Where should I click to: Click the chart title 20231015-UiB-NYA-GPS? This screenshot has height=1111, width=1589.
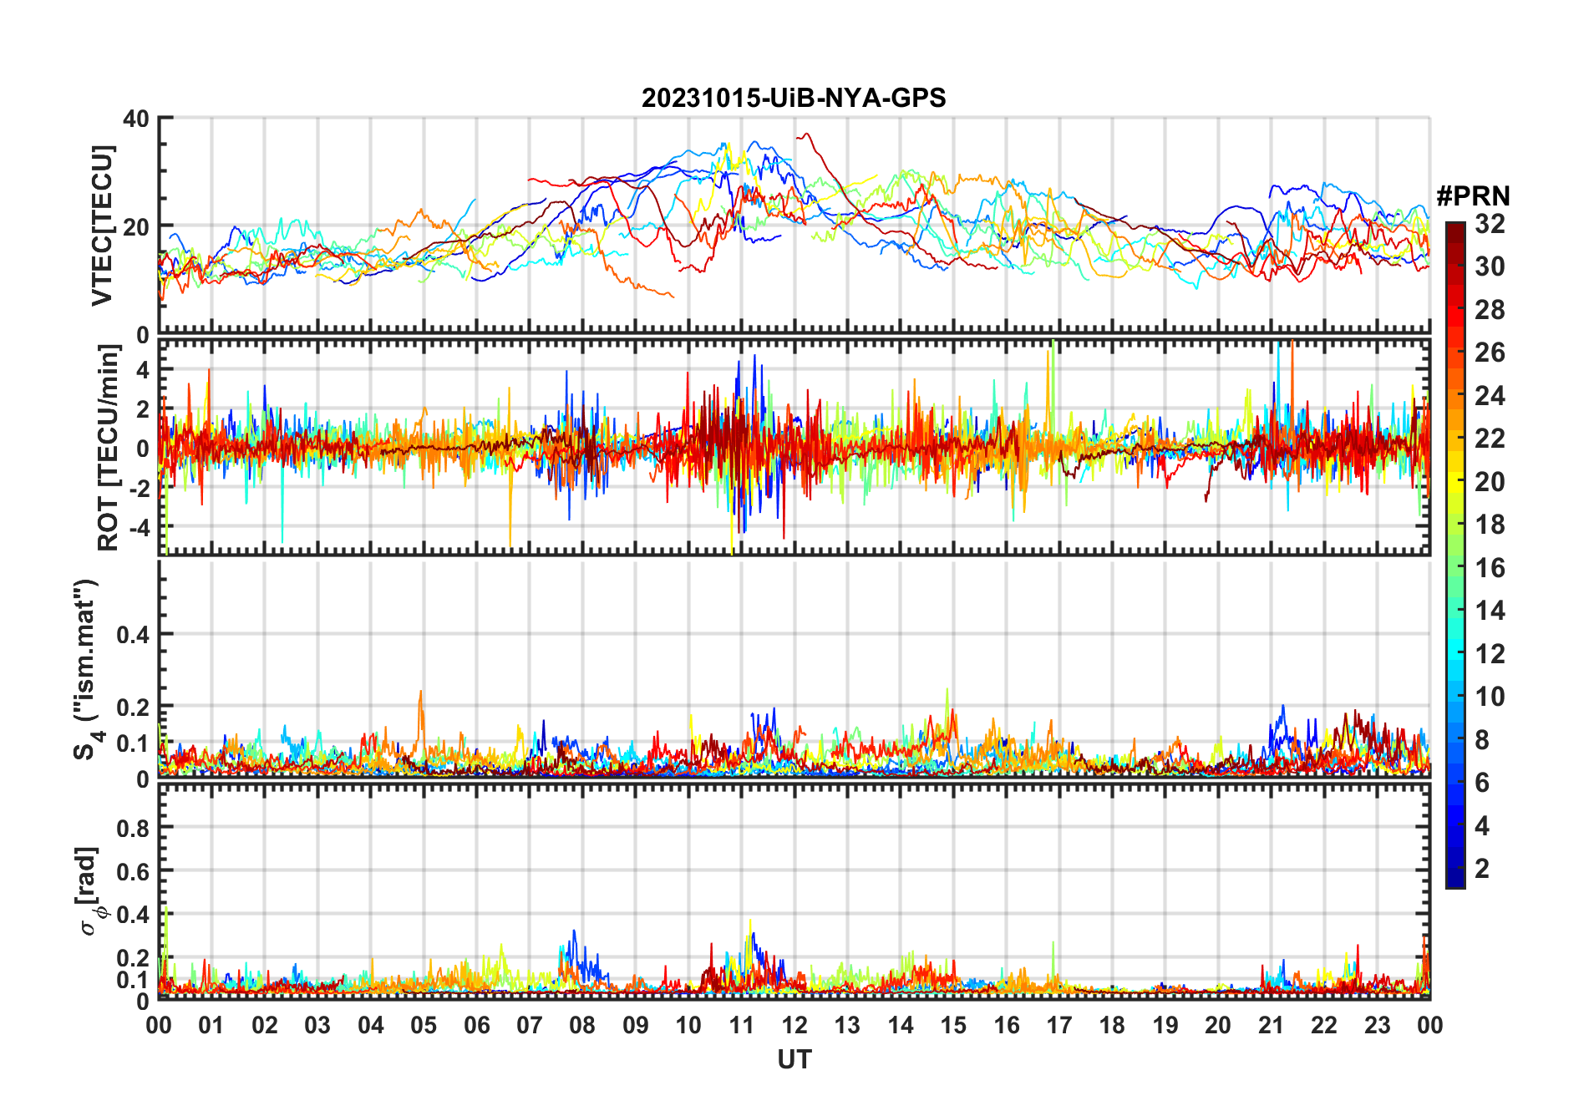coord(794,98)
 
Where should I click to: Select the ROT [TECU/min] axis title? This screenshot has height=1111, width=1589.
coord(109,448)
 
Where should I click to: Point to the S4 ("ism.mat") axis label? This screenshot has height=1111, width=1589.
coord(87,669)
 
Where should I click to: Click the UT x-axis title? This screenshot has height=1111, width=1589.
coord(794,1060)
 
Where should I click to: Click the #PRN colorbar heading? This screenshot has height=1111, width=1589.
coord(1473,196)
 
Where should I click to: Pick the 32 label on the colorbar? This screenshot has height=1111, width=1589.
coord(1490,224)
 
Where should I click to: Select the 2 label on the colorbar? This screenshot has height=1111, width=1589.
coord(1482,869)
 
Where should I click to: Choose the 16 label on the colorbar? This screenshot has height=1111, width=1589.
coord(1490,568)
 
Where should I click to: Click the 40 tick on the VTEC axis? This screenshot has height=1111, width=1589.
coord(136,119)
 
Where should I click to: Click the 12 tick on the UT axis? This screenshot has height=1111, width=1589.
coord(794,1025)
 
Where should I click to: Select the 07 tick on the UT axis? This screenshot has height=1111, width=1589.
coord(530,1025)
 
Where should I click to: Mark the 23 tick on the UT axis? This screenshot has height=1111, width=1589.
coord(1377,1025)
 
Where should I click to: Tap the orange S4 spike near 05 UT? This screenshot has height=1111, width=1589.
coord(420,692)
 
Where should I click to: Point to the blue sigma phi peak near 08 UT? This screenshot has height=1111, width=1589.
coord(574,932)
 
